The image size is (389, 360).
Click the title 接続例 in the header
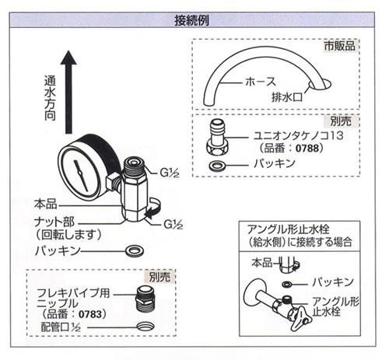point(191,20)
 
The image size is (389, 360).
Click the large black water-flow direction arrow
point(68,92)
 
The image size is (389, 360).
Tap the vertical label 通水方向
point(50,98)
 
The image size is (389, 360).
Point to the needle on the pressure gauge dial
point(81,177)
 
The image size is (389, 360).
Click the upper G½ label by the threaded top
point(170,173)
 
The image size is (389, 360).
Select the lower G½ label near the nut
point(173,224)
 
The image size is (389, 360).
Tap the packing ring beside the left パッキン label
point(135,250)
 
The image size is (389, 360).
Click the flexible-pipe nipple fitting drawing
point(145,299)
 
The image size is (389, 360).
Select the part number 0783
point(90,314)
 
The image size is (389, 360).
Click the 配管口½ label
point(61,327)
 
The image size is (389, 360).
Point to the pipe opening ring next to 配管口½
point(145,326)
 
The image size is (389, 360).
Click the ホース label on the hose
point(261,82)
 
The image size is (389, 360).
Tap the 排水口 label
point(287,97)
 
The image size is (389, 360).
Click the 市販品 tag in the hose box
point(340,46)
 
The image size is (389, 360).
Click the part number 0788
point(307,149)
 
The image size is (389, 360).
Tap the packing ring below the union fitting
point(217,165)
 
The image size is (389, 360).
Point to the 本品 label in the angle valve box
point(262,263)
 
